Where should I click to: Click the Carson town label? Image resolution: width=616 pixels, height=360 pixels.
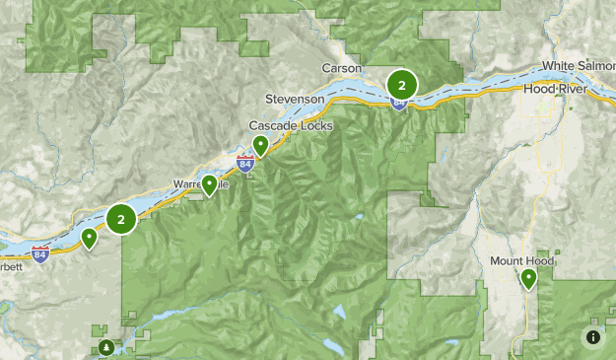point(342,68)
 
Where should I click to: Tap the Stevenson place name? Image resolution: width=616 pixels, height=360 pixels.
point(295,100)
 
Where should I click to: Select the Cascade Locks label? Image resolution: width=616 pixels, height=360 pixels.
point(291,126)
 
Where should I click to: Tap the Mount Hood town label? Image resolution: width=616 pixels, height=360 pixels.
point(521,261)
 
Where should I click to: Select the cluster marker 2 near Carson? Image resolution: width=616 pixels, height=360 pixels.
point(401,84)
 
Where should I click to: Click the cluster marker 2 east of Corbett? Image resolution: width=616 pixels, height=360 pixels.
point(120,219)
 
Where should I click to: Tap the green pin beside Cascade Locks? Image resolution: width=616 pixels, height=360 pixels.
point(260,145)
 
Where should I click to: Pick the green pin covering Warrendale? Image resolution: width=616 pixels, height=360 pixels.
point(209,183)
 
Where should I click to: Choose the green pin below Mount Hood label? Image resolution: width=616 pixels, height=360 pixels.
point(529,279)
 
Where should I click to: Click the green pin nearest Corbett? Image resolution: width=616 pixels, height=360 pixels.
point(90,237)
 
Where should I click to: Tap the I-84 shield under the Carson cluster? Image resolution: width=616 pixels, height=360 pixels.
point(398,102)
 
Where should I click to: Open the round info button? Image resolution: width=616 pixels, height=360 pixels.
point(593,337)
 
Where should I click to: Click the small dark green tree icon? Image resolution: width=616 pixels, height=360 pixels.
point(105,347)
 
